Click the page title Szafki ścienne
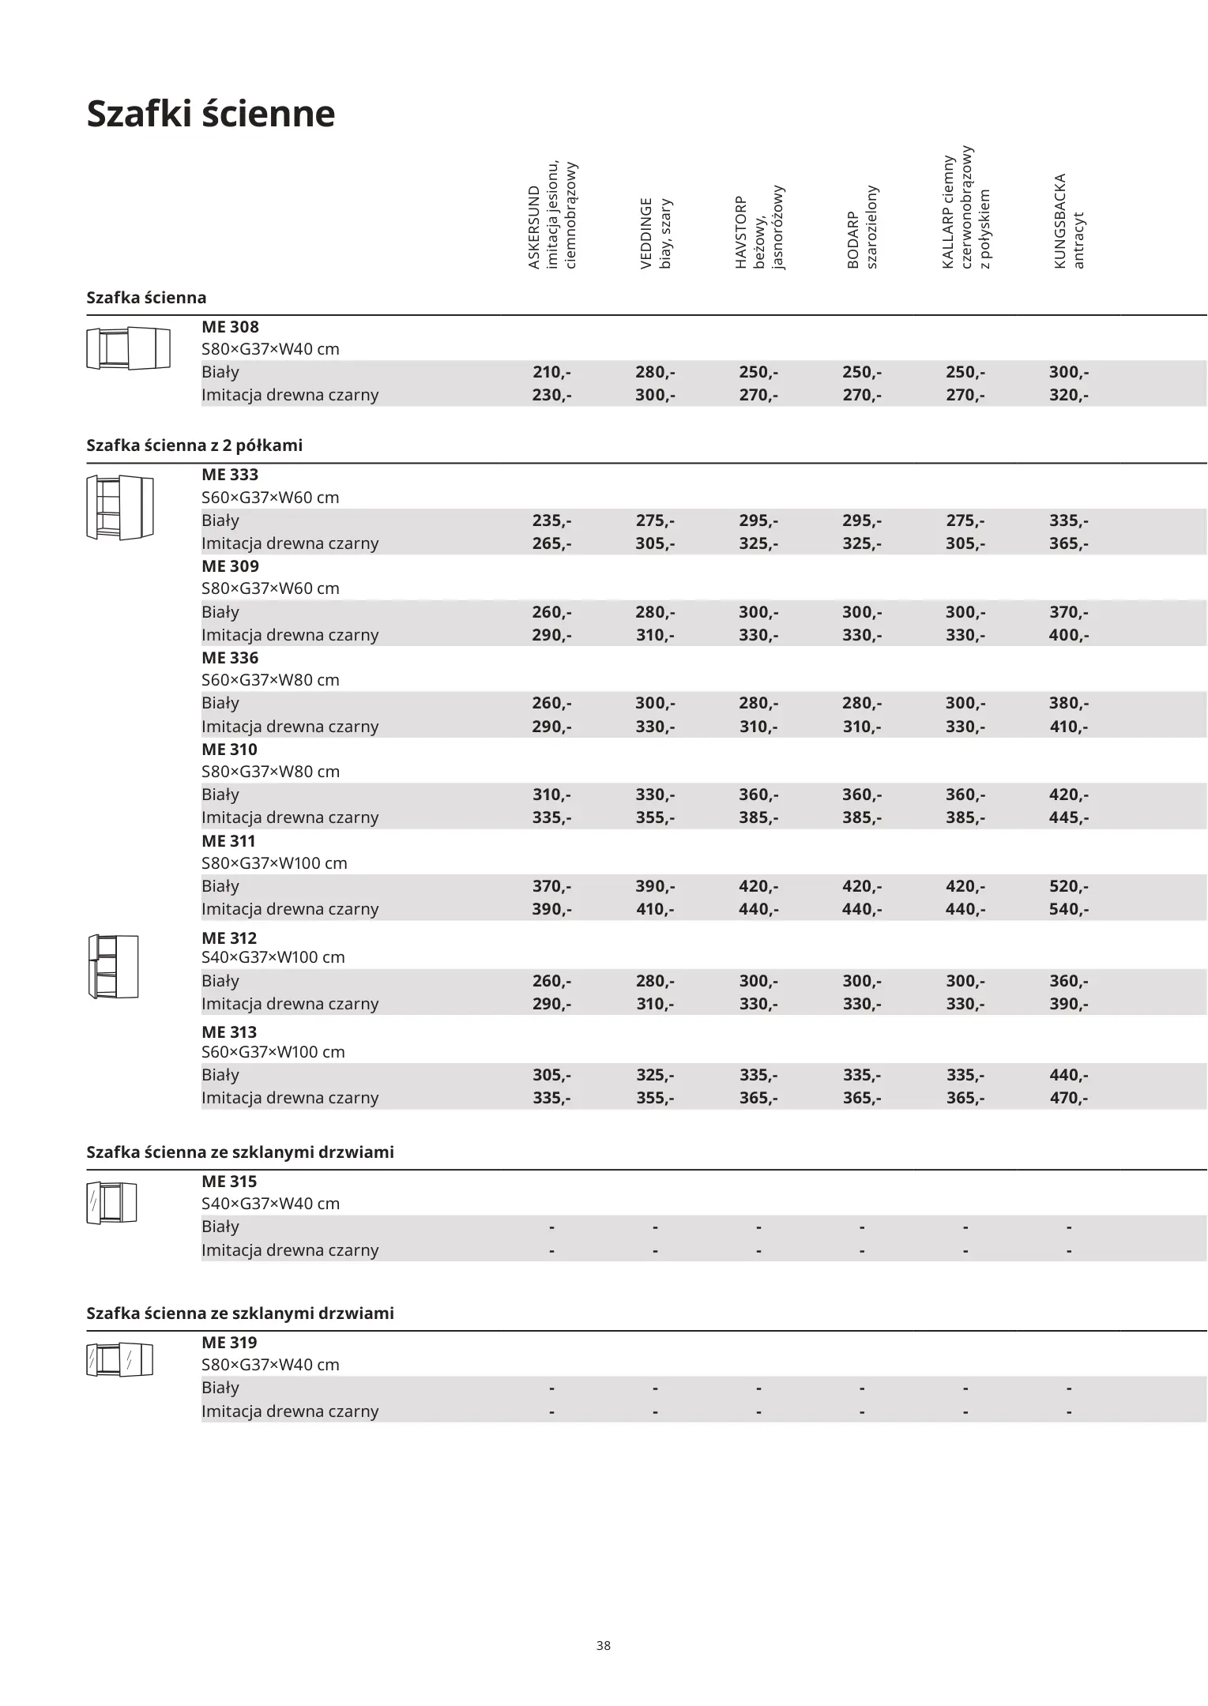(211, 114)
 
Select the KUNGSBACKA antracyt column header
(1069, 221)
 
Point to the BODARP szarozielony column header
(862, 227)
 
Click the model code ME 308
(230, 327)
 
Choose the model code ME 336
(230, 658)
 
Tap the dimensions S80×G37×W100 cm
(274, 863)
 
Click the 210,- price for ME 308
(551, 372)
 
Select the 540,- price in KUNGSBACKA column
(1068, 909)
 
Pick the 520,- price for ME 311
(1068, 886)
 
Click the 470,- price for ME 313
(1068, 1098)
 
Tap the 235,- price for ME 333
(551, 520)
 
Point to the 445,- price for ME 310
(1068, 817)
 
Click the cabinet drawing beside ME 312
(113, 966)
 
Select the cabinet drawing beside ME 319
(119, 1359)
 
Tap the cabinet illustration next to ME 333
(119, 507)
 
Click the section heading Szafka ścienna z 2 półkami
(194, 445)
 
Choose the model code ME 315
(229, 1182)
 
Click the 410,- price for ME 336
(1068, 727)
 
